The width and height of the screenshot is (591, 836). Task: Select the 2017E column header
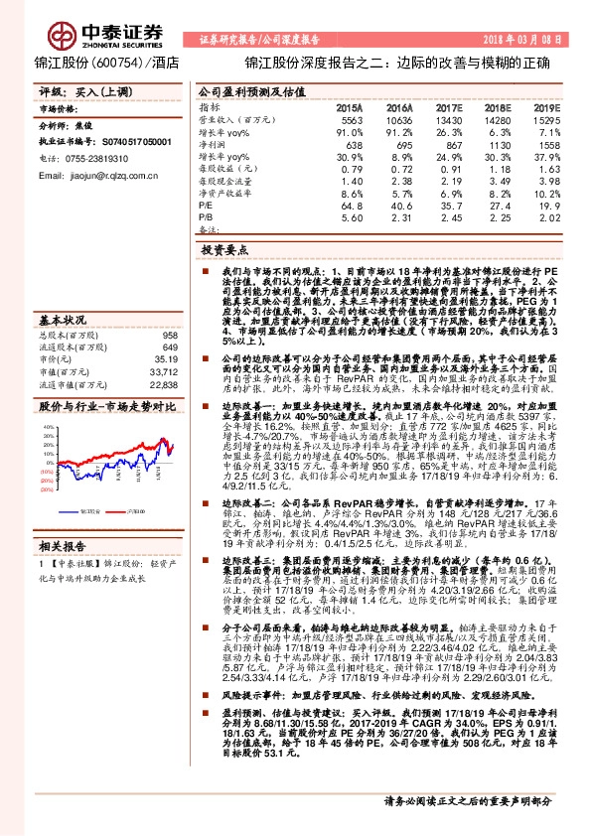[450, 106]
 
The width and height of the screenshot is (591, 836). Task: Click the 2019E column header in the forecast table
[552, 106]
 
